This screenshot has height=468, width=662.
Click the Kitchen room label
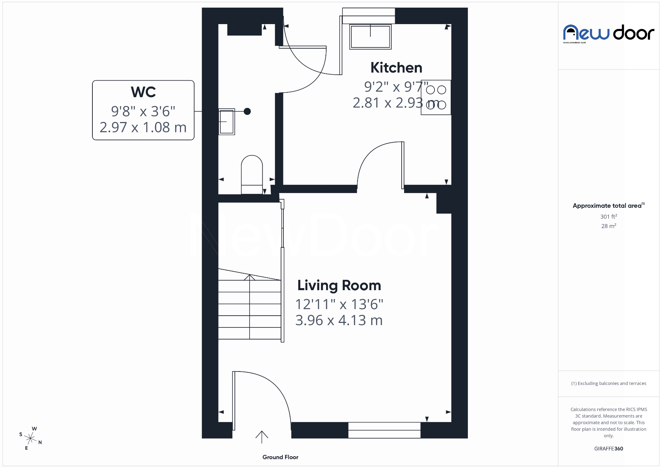(x=396, y=68)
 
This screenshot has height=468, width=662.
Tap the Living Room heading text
(x=339, y=285)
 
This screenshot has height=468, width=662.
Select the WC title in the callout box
(x=143, y=92)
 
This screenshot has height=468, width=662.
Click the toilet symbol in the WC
(x=252, y=174)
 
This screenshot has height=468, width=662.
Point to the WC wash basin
(x=227, y=122)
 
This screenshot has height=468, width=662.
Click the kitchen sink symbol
(x=370, y=37)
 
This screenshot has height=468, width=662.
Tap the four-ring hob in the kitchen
(x=436, y=97)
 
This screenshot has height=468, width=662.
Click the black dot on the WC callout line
(x=247, y=111)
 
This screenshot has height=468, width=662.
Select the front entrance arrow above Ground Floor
(x=262, y=436)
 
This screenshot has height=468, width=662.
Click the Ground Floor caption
(x=280, y=457)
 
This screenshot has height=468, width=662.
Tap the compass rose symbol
(x=31, y=438)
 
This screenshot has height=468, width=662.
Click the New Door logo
(x=608, y=33)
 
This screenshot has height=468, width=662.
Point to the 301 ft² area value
(x=608, y=216)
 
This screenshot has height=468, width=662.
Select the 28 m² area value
(x=608, y=226)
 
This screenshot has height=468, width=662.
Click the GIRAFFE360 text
(x=608, y=448)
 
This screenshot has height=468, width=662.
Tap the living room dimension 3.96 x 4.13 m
(x=339, y=321)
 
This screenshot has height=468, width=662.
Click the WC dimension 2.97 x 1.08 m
(x=143, y=128)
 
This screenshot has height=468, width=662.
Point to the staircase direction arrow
(x=250, y=278)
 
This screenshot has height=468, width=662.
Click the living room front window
(x=384, y=430)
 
